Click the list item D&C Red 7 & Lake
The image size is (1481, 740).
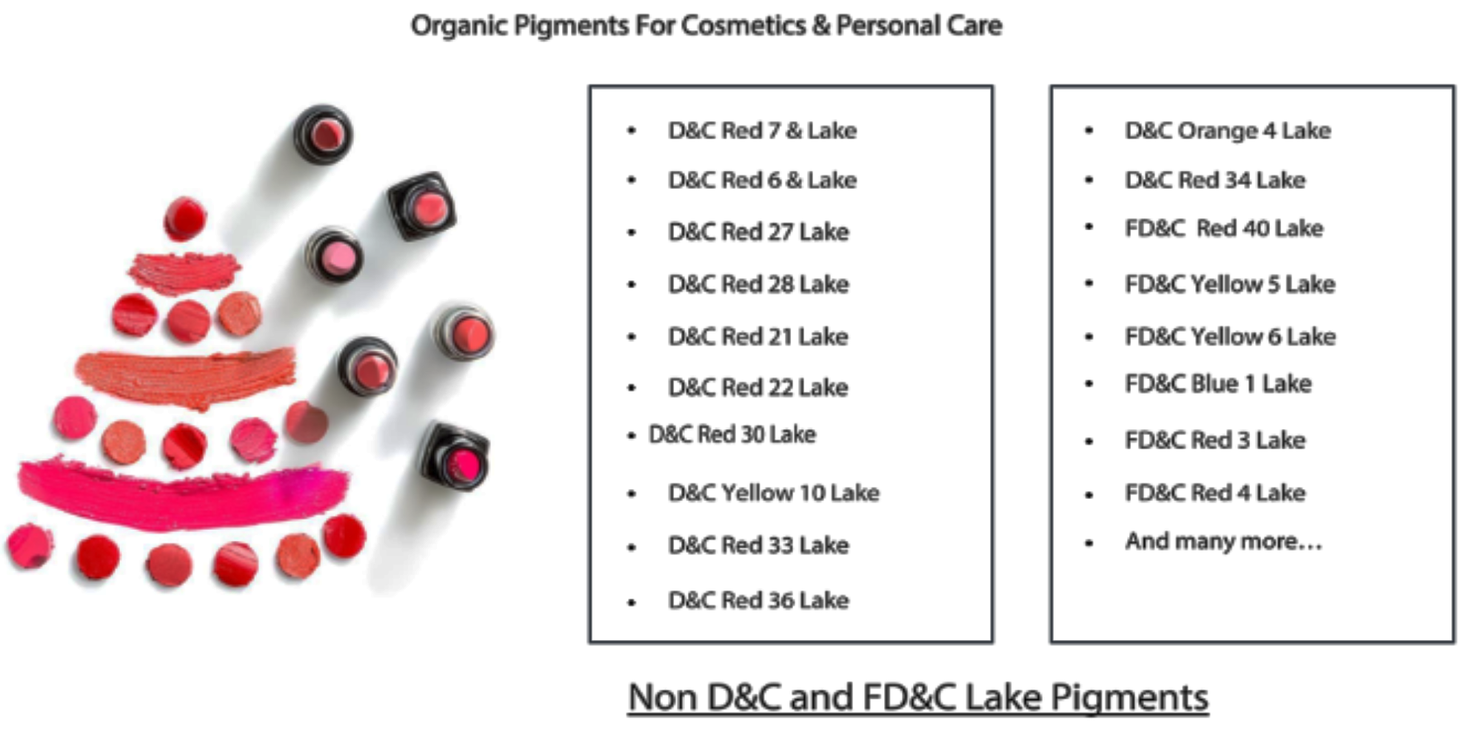click(762, 131)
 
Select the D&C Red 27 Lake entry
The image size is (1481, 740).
click(758, 232)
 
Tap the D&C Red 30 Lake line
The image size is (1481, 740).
click(732, 434)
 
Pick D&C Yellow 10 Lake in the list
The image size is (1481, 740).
click(774, 493)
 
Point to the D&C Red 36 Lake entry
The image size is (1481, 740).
click(758, 600)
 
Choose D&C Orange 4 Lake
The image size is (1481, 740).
click(1228, 131)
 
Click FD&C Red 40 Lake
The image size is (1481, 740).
click(1223, 229)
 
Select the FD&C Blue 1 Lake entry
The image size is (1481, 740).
click(1218, 384)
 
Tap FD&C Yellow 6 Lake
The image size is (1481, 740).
click(1230, 337)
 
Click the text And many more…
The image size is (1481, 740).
click(1223, 542)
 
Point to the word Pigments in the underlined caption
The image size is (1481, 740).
click(1129, 698)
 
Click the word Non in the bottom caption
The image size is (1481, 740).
click(663, 698)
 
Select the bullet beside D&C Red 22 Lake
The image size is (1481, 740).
click(632, 388)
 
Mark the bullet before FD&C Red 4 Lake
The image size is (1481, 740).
click(1089, 494)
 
